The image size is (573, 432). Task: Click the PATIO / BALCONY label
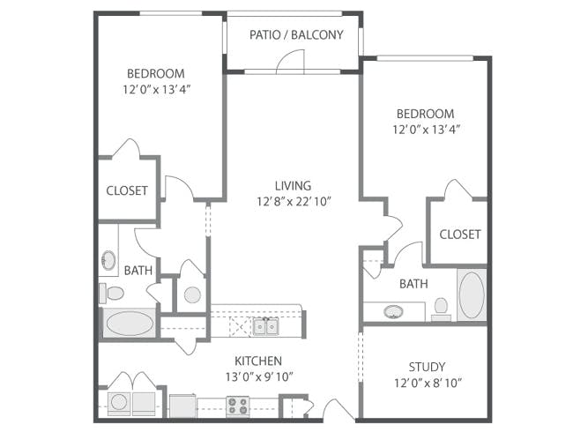296,34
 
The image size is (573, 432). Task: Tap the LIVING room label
293,186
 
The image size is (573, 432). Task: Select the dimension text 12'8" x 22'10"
294,201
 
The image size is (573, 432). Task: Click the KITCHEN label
258,361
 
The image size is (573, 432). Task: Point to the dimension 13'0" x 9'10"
259,376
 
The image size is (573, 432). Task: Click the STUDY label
427,367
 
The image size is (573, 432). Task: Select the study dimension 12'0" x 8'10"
428,383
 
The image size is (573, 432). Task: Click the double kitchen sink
265,326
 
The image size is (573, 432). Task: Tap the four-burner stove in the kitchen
238,406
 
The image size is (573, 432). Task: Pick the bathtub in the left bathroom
130,324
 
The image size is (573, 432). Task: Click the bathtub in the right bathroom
472,295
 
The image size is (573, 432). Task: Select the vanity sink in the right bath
393,312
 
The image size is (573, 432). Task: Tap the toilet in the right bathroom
441,309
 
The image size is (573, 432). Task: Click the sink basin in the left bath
108,260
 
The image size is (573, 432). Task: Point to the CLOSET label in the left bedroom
127,190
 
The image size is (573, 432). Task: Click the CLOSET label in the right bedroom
459,235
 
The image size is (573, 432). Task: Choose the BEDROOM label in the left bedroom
156,73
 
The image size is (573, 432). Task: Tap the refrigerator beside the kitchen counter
183,406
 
